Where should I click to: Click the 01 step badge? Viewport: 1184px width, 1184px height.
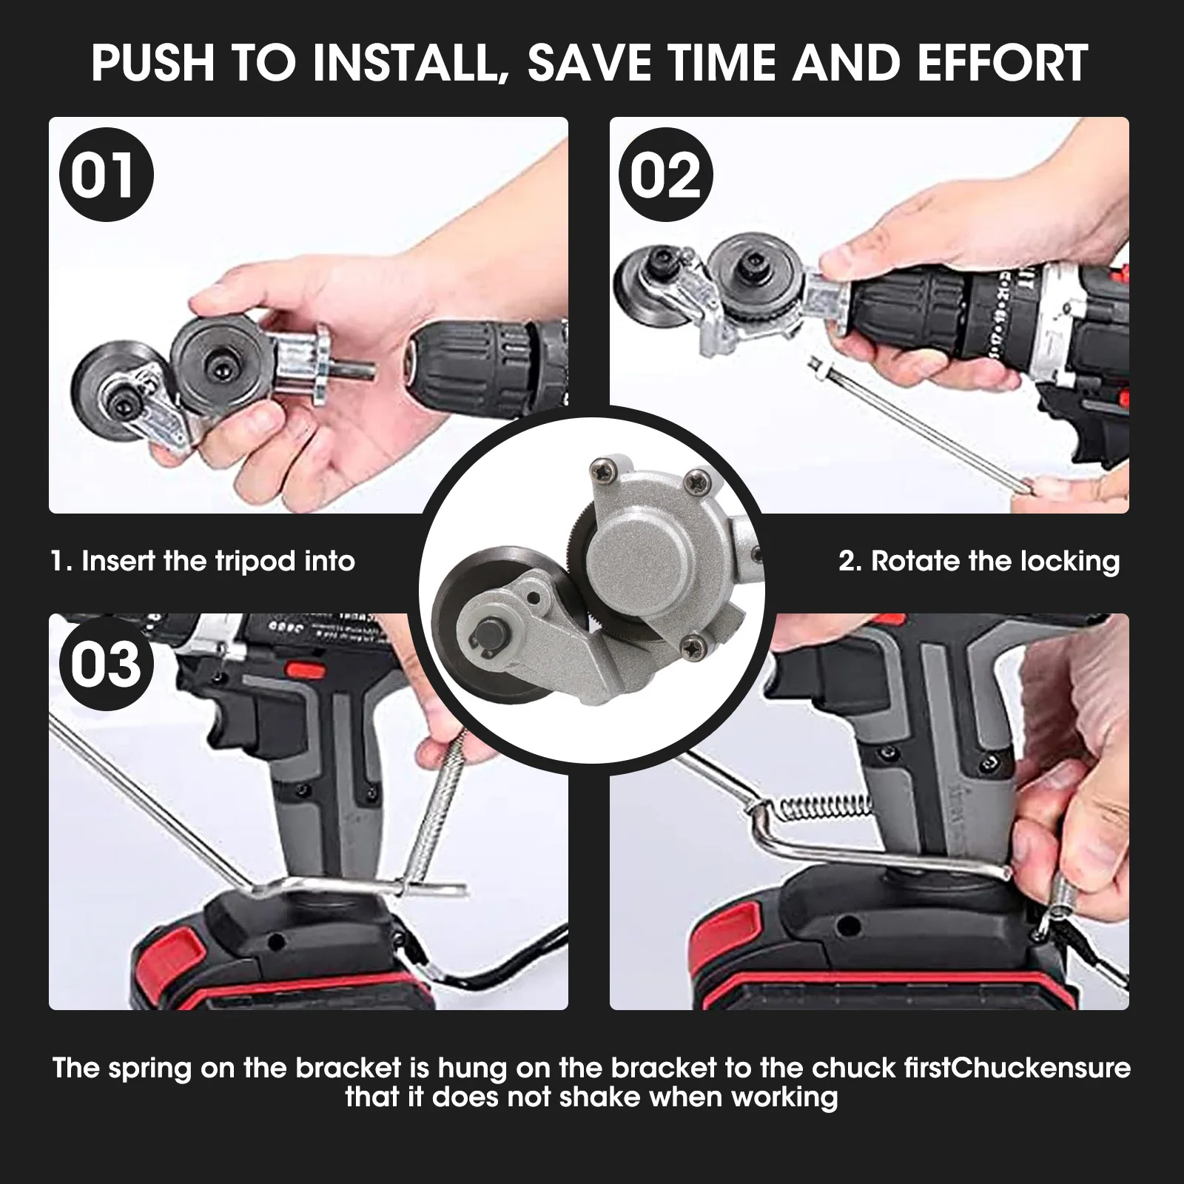point(105,176)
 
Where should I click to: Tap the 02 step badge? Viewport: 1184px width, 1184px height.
point(665,176)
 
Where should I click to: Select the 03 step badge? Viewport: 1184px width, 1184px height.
point(105,665)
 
